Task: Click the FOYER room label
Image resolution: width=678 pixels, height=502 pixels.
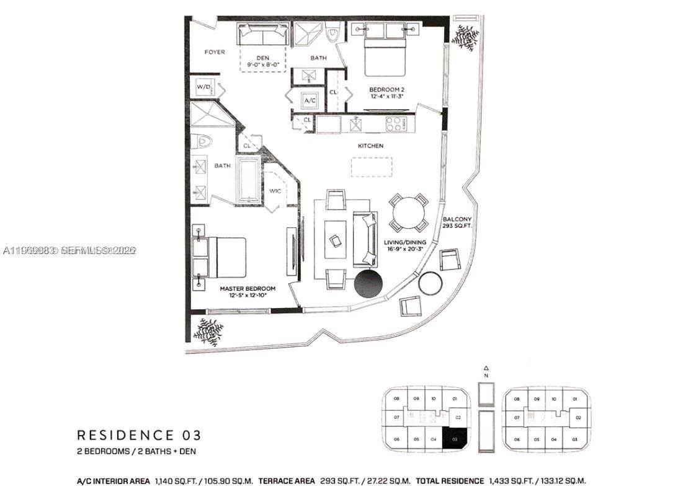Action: pyautogui.click(x=215, y=52)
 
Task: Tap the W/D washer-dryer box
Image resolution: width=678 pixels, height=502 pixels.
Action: pyautogui.click(x=203, y=87)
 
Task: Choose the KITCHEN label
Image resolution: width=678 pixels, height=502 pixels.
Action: pyautogui.click(x=370, y=146)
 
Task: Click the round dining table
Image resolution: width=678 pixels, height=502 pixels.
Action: pyautogui.click(x=409, y=213)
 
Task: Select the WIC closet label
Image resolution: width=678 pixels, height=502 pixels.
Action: pyautogui.click(x=275, y=191)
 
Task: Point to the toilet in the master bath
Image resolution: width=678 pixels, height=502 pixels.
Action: pyautogui.click(x=202, y=141)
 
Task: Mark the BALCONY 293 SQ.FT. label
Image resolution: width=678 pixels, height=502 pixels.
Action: pyautogui.click(x=457, y=223)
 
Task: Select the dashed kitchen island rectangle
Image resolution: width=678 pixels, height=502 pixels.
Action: pyautogui.click(x=372, y=167)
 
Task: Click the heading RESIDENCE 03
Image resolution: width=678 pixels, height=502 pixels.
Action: pyautogui.click(x=138, y=435)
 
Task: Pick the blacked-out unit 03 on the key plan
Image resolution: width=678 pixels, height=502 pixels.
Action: pyautogui.click(x=455, y=438)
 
